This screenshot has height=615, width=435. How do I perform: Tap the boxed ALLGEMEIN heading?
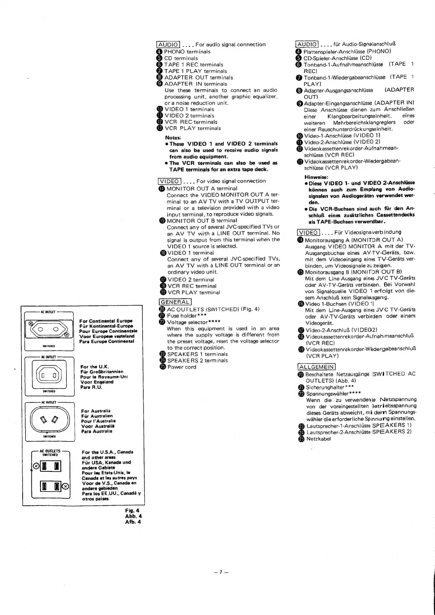316,367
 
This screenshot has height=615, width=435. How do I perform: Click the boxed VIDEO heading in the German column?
309,232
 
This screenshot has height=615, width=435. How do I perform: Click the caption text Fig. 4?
132,510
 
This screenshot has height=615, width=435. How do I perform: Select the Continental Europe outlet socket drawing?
49,330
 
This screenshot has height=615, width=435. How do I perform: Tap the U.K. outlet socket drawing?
49,375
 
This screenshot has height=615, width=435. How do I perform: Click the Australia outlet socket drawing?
49,420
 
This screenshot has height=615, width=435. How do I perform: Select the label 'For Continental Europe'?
106,321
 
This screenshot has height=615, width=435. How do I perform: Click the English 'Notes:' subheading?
173,138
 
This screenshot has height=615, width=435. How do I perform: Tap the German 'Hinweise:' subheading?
316,177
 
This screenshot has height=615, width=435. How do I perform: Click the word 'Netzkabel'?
318,439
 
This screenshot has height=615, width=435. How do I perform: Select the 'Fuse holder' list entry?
182,315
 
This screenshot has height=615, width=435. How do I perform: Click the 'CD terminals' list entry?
181,58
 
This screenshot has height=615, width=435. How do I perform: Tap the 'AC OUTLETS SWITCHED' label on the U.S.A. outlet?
50,453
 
